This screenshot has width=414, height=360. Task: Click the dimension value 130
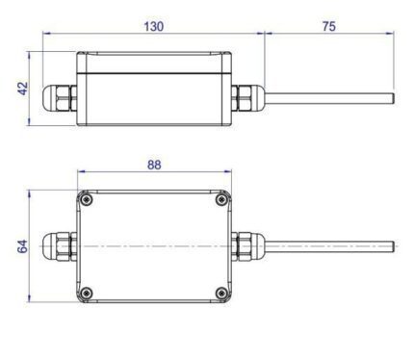coord(154,26)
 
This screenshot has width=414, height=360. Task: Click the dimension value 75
coord(329,26)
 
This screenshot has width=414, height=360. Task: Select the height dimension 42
coord(23,89)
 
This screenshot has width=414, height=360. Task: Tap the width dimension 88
coord(154,165)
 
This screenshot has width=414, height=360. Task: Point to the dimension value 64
coord(23,246)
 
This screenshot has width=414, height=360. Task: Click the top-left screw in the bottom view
coord(87,200)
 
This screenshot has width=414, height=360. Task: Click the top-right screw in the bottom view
coord(221,200)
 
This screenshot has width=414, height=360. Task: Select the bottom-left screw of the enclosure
coord(87,293)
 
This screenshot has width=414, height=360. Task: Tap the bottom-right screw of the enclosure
coord(221,293)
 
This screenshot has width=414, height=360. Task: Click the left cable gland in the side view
coord(60,98)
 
